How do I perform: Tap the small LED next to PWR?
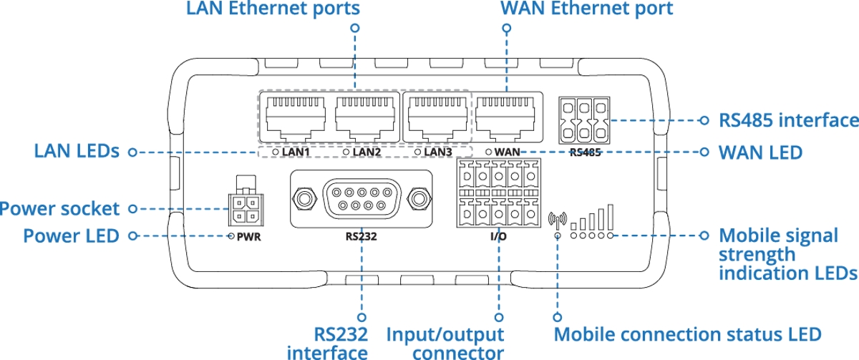tap(232, 235)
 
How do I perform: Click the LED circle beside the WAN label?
tap(488, 152)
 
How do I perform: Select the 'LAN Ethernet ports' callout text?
tap(272, 9)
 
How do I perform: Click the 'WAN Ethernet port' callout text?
tap(586, 9)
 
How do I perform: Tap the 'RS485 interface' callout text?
tap(788, 120)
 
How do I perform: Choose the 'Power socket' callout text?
tap(59, 209)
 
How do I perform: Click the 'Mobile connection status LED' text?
tap(687, 334)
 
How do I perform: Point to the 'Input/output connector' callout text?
tap(445, 342)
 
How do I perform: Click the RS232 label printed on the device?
tap(361, 235)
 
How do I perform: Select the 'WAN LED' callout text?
tap(760, 152)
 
